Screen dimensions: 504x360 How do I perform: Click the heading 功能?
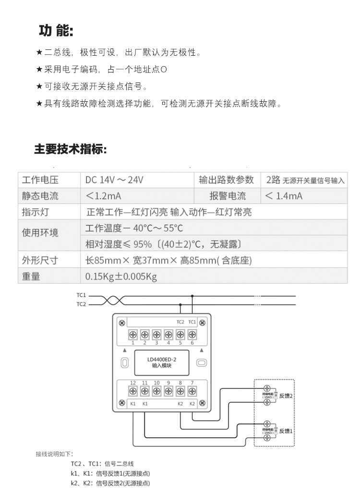[x=56, y=31]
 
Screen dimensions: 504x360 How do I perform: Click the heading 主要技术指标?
[x=70, y=149]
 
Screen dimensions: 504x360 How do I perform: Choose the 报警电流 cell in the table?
[x=228, y=196]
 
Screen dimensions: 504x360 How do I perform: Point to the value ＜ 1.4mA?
[x=284, y=196]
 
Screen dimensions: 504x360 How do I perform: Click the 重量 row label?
[x=31, y=276]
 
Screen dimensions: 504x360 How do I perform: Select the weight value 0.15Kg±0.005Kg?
[x=121, y=276]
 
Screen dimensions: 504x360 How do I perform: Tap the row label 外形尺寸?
[x=40, y=260]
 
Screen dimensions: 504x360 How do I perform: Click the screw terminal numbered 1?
[x=132, y=335]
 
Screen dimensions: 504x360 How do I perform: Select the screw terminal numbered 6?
[x=192, y=335]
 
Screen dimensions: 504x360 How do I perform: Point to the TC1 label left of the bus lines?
[x=81, y=296]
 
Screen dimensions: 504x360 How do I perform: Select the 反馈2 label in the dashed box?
[x=286, y=396]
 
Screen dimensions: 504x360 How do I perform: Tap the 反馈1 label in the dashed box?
[x=286, y=431]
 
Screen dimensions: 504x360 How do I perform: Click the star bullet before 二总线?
[x=39, y=52]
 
